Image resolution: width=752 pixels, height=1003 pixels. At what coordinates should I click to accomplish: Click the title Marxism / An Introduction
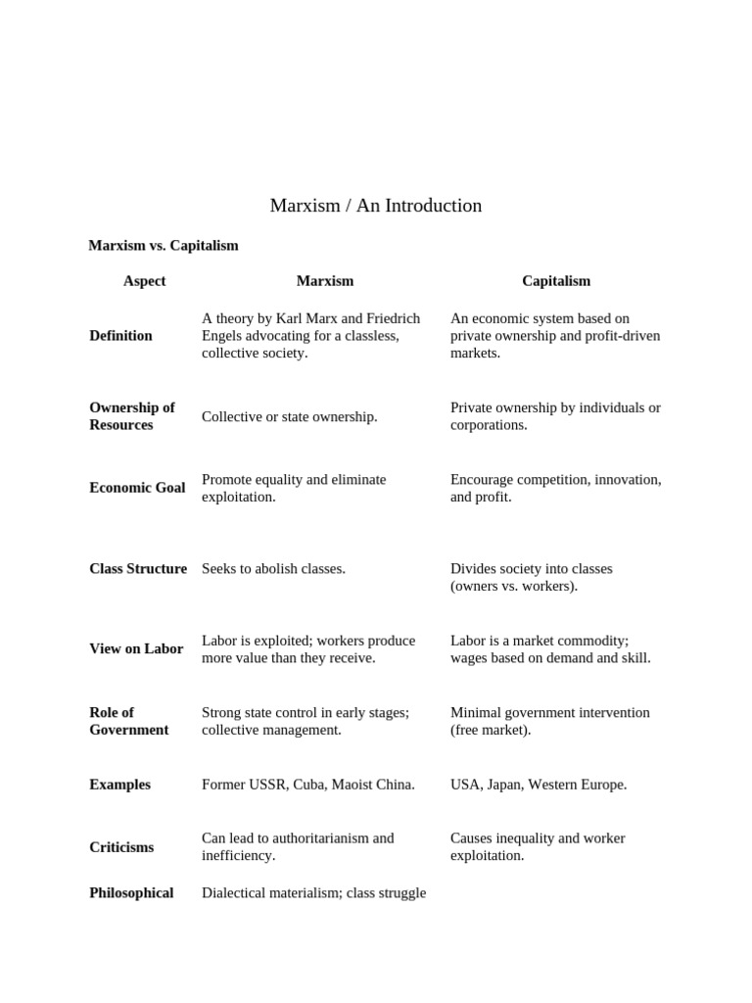(x=376, y=206)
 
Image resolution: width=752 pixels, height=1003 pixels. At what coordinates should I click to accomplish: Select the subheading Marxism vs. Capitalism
(x=164, y=246)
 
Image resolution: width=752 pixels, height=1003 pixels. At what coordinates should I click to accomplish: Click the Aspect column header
(x=144, y=281)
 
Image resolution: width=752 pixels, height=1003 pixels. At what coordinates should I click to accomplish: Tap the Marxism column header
(x=325, y=281)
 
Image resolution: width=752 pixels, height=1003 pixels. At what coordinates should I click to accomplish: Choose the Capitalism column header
(x=556, y=281)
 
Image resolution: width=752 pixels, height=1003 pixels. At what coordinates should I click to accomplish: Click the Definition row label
(x=120, y=336)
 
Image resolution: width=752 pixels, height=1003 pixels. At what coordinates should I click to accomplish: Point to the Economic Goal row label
(x=137, y=488)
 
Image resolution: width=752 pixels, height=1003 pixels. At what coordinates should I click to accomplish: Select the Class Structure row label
(x=138, y=569)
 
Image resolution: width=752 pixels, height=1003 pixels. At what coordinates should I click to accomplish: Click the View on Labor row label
(x=136, y=648)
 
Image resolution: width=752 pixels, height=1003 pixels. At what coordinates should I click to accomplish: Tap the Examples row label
(x=119, y=785)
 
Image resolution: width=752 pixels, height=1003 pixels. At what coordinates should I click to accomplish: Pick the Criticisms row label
(x=121, y=847)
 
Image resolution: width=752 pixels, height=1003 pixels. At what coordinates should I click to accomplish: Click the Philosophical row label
(x=131, y=893)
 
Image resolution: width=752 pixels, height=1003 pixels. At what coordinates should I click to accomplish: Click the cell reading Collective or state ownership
(x=289, y=417)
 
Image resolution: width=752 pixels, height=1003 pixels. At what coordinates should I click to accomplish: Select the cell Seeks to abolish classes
(x=273, y=569)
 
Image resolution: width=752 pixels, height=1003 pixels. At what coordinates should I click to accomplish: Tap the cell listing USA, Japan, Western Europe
(x=539, y=785)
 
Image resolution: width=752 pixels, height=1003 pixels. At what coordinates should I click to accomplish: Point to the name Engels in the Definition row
(x=225, y=336)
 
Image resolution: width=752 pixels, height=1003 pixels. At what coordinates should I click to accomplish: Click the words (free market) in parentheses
(x=491, y=731)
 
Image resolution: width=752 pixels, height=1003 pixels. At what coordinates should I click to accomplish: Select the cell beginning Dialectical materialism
(x=313, y=893)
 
